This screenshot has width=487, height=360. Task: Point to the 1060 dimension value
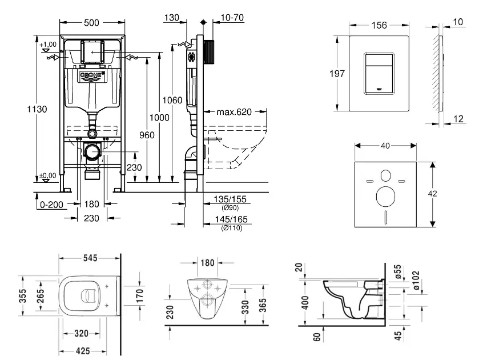[x=172, y=101]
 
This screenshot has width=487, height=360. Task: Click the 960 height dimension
[x=147, y=135]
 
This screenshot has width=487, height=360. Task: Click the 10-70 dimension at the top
[x=232, y=18]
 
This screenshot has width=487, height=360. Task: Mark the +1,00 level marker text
[x=49, y=44]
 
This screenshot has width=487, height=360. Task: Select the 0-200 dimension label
[x=51, y=203]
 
